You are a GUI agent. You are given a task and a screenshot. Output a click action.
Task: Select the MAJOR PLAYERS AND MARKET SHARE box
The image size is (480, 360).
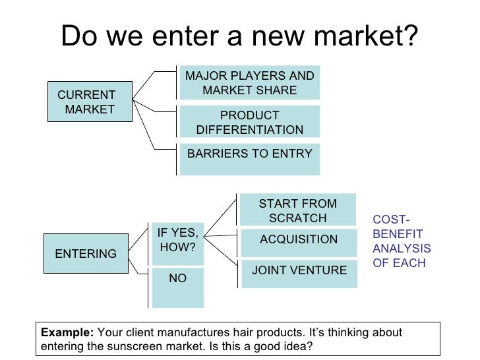(x=249, y=82)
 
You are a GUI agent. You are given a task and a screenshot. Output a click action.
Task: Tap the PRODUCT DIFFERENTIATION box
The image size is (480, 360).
(x=249, y=122)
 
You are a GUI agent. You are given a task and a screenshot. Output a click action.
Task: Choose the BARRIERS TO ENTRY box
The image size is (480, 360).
(x=249, y=158)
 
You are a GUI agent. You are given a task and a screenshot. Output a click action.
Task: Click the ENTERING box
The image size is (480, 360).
(x=86, y=253)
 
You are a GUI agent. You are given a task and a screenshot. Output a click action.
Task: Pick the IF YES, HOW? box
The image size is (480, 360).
(x=178, y=242)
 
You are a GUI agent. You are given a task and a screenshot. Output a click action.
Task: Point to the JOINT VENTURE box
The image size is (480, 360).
(x=299, y=273)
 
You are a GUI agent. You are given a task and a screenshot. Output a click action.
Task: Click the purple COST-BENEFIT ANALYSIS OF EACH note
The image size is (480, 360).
(x=401, y=243)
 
